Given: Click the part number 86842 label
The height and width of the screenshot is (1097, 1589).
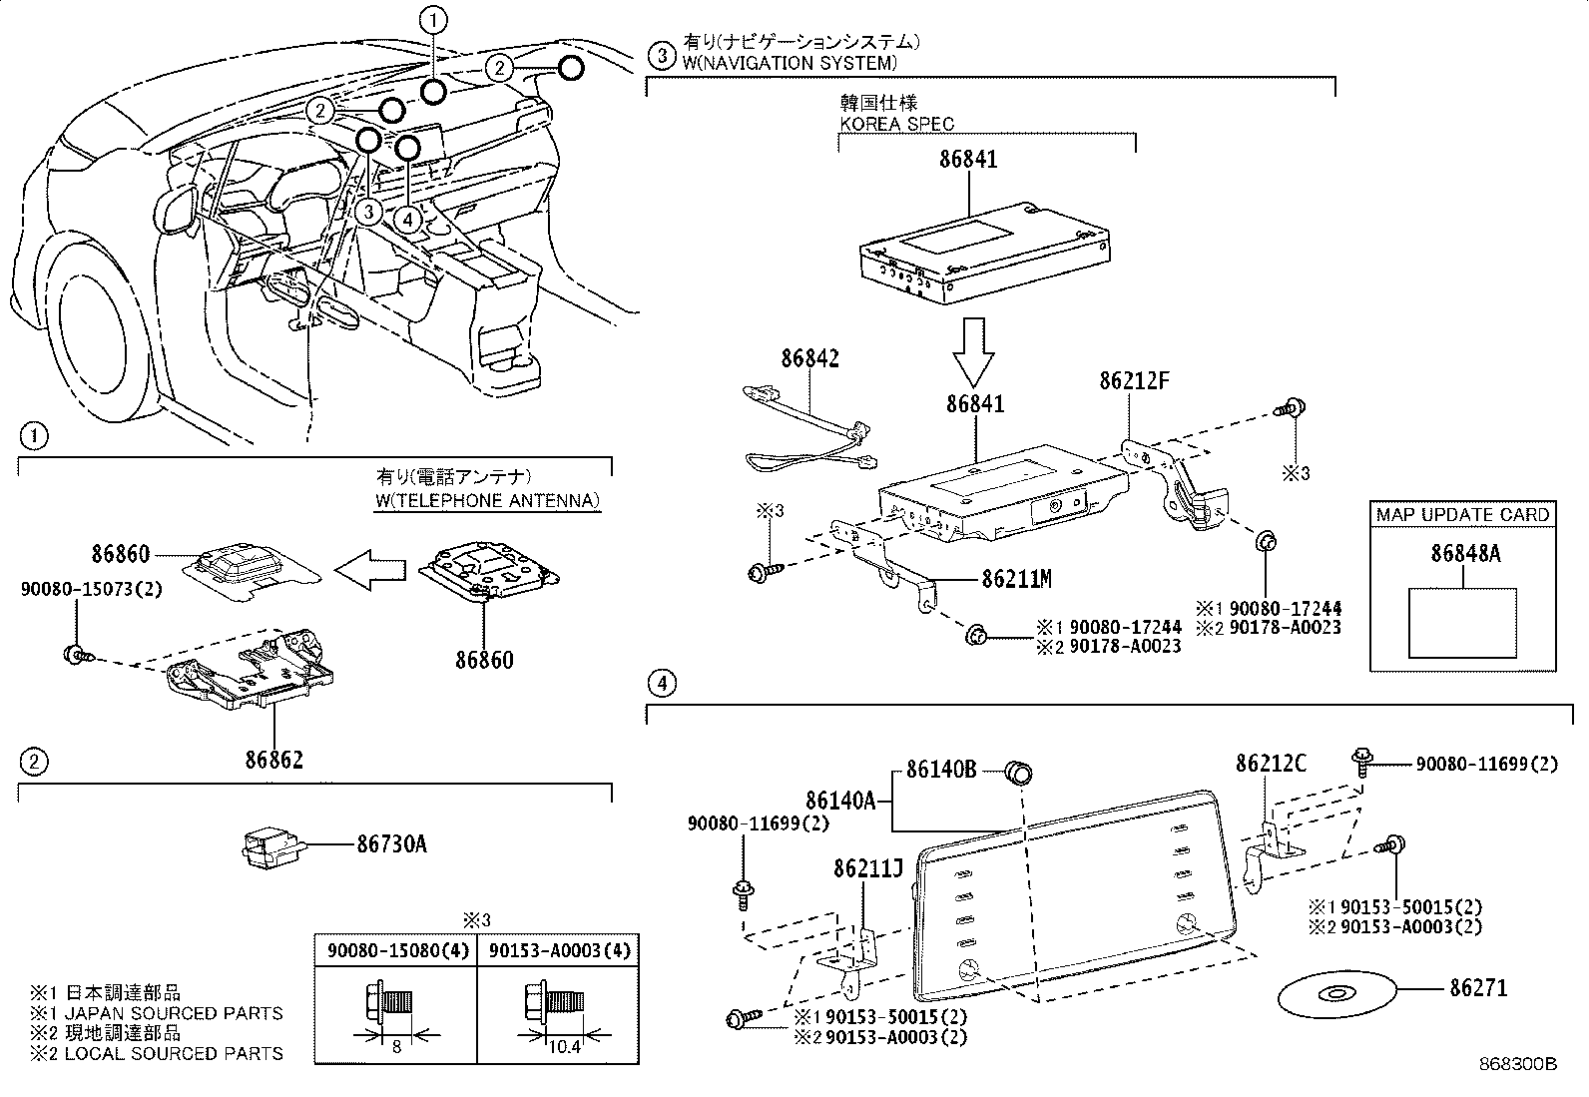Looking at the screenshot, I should (x=809, y=358).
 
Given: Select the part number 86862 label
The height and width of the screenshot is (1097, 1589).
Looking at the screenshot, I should (x=274, y=760).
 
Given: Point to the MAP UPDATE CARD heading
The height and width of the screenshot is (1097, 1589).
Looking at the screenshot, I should (x=1462, y=515).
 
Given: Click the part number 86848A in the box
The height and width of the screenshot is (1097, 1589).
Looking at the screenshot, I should (x=1464, y=554).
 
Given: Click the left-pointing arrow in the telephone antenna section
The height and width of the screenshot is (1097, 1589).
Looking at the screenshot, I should (x=369, y=569).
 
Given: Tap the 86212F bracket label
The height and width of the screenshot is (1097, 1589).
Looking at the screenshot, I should (x=1134, y=381).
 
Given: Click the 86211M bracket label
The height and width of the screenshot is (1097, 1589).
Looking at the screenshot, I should (x=1016, y=578).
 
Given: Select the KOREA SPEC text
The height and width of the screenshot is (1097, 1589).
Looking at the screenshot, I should (x=895, y=124).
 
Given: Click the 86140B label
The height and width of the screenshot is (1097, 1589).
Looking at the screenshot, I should (x=940, y=770).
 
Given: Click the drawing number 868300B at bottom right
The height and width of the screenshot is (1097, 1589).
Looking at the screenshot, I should (x=1517, y=1064).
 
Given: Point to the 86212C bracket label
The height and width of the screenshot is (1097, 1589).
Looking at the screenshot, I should (x=1270, y=764).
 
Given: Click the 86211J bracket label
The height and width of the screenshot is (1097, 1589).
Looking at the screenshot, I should (x=867, y=869).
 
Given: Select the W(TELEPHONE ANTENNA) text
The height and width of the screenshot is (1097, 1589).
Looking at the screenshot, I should (x=488, y=500).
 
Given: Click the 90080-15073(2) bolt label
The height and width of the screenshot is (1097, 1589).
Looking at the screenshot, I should (x=91, y=589).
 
